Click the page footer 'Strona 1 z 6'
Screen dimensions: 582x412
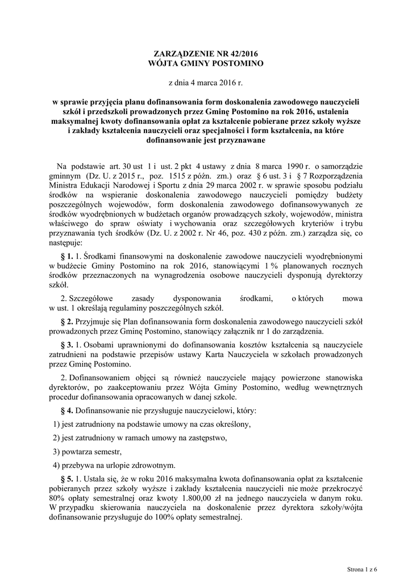coord(362,568)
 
